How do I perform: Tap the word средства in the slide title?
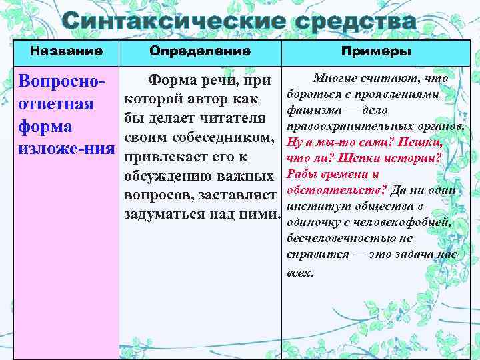click(x=353, y=21)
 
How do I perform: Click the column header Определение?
click(x=200, y=51)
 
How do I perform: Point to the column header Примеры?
click(x=376, y=51)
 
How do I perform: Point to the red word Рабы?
click(x=299, y=174)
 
